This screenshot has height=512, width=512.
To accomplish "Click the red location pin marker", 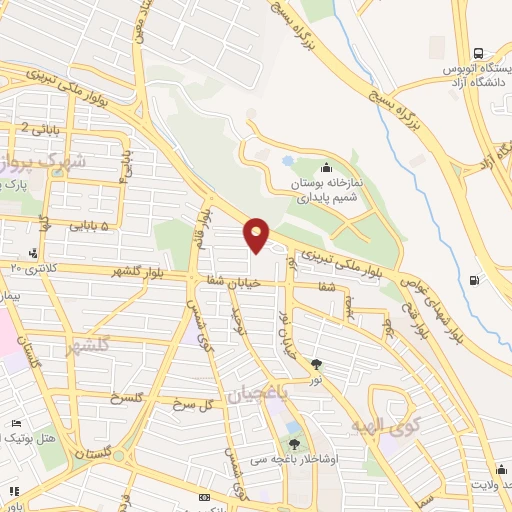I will point(257,235).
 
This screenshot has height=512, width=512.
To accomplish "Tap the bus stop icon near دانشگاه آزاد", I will point(478,53).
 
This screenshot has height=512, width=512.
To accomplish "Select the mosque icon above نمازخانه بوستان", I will point(328,167).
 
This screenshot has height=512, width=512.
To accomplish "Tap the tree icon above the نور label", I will point(317,364).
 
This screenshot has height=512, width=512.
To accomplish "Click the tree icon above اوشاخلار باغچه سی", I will point(294,444).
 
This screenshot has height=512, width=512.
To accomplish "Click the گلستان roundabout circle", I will point(119,455).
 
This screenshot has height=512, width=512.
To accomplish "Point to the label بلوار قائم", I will point(206,225).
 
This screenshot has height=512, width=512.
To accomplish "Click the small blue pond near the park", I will point(288,160).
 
